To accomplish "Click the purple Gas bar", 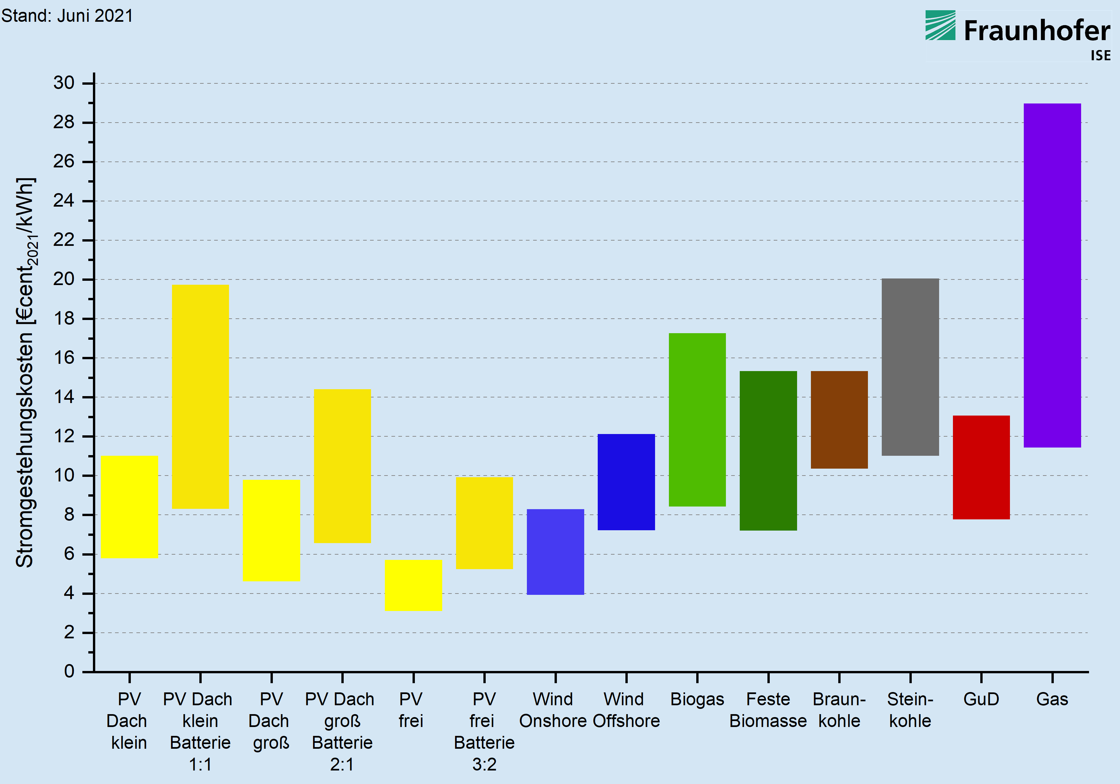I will [1052, 275].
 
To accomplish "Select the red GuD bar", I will [981, 467].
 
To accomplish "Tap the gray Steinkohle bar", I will [910, 367].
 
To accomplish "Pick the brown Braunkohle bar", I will [839, 420].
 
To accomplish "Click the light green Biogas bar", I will [697, 420].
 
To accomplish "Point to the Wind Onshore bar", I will [555, 552].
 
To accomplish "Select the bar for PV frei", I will [413, 585].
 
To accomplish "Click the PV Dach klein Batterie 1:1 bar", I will [200, 397].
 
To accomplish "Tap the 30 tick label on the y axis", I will [64, 83].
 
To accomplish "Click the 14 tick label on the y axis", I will [64, 397].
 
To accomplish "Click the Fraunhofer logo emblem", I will [940, 25].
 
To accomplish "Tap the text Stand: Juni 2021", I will [67, 15].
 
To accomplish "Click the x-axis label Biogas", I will [697, 699].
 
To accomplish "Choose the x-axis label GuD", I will [981, 699].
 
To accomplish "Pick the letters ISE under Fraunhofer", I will [1101, 56].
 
